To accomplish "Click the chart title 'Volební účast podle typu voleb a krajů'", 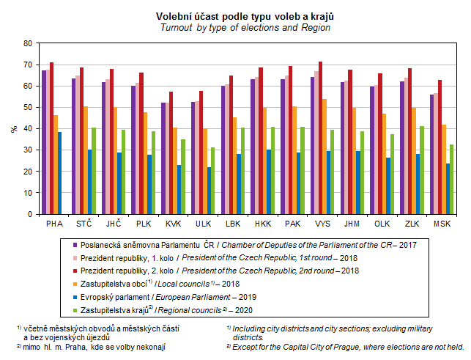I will tap(235, 16).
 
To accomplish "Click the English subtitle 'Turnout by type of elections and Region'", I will tap(235, 27).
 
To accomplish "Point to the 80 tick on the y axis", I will tap(28, 43).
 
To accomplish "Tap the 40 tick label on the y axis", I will tap(28, 129).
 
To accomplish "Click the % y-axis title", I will tap(14, 128).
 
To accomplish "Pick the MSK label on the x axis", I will tap(442, 223).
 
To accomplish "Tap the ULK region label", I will tap(203, 223).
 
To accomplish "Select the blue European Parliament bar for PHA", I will tap(60, 173).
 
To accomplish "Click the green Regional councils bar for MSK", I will tap(450, 180).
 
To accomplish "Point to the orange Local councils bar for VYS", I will tap(324, 156).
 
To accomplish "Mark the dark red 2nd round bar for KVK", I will tap(171, 153).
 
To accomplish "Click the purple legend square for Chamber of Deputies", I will tap(75, 243).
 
